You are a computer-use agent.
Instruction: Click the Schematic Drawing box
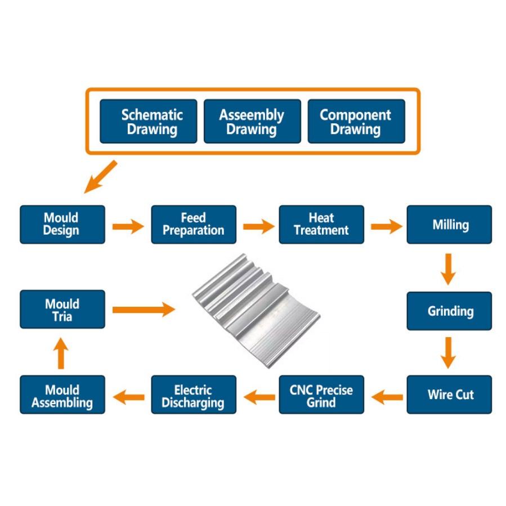(149, 122)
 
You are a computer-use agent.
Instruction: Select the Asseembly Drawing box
(252, 122)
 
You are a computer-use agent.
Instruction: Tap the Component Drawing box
(356, 122)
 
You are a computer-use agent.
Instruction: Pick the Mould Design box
(62, 225)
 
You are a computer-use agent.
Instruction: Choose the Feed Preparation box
(194, 225)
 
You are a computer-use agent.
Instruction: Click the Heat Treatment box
(321, 225)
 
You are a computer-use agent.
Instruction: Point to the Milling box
(449, 225)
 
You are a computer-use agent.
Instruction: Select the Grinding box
(449, 311)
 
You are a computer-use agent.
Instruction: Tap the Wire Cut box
(449, 395)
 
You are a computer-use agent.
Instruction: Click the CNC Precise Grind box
(321, 395)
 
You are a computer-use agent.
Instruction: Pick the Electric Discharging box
(194, 395)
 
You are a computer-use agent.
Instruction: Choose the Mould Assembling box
(62, 395)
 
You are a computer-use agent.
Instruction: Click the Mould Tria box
(62, 310)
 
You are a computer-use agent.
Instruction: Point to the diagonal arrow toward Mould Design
(100, 177)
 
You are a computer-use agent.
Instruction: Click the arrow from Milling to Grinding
(448, 270)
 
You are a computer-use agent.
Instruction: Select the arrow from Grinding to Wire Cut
(448, 353)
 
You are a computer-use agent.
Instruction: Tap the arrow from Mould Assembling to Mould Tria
(61, 353)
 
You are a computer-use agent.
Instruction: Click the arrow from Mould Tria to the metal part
(144, 310)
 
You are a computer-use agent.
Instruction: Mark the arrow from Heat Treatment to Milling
(387, 226)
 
